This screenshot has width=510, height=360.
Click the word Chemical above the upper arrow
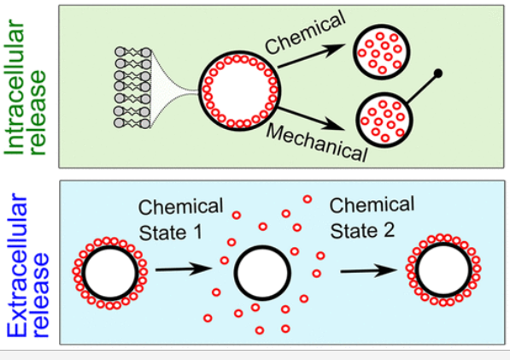[x=305, y=32]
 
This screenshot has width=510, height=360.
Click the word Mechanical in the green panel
[x=317, y=143]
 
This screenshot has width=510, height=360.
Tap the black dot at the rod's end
[x=437, y=74]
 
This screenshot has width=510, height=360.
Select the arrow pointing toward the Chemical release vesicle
[x=311, y=56]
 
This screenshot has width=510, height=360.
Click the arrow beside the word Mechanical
[x=311, y=118]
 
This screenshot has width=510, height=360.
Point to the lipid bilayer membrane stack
[x=132, y=87]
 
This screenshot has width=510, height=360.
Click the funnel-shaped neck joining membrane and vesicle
[x=175, y=88]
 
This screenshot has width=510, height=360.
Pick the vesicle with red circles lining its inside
[x=239, y=91]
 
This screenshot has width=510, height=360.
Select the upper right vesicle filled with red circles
[x=382, y=52]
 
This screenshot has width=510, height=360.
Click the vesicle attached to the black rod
[x=384, y=120]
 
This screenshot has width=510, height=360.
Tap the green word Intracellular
[x=15, y=87]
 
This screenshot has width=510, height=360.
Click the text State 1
[x=171, y=233]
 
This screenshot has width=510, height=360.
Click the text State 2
[x=362, y=231]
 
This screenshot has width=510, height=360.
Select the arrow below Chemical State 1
[x=184, y=269]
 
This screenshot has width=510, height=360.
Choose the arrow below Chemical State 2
[x=369, y=270]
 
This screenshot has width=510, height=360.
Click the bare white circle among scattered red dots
[x=262, y=273]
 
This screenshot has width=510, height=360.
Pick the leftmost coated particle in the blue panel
[x=110, y=273]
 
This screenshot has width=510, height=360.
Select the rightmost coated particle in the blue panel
[x=443, y=270]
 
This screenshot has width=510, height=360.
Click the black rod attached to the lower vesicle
[x=422, y=88]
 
